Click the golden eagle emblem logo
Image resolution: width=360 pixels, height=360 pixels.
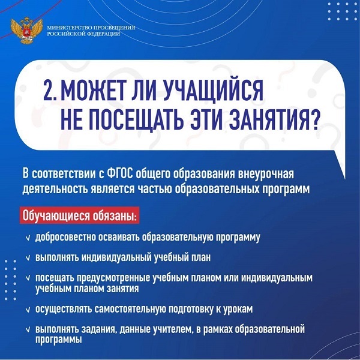[x=26, y=30]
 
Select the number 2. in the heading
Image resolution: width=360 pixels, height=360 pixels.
[x=50, y=91]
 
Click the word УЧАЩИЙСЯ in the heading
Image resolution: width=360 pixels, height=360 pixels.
[x=213, y=91]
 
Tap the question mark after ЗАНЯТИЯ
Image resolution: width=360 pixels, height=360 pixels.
[x=314, y=119]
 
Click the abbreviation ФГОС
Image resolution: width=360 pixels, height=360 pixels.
[x=120, y=174]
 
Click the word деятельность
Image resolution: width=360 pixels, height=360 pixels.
[x=55, y=190]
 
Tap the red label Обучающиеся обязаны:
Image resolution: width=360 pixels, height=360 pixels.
[x=79, y=215]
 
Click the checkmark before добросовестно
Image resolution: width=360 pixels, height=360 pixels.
[x=28, y=238]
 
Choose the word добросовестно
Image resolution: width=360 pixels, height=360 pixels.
[x=65, y=237]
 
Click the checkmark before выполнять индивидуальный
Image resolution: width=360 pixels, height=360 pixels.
[x=28, y=258]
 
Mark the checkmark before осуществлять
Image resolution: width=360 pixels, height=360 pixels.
[x=28, y=310]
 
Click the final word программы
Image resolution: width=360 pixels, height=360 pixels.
[x=59, y=340]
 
